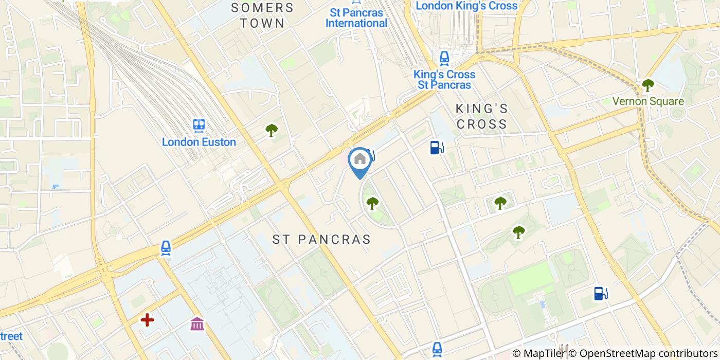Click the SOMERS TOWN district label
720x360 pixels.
(262, 15)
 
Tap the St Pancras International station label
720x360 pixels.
(356, 17)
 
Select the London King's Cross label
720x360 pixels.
(466, 6)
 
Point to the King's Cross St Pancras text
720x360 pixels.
(444, 80)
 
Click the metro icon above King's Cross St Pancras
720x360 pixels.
(444, 59)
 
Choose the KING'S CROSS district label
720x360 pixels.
(482, 116)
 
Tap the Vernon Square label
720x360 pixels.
(648, 101)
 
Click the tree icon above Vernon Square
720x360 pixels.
(648, 85)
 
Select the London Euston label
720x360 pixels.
(199, 142)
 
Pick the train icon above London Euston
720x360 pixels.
(199, 125)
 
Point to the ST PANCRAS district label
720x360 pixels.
(321, 240)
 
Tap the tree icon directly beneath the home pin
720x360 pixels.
(372, 203)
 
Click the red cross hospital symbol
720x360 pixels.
(148, 320)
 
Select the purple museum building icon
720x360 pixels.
(197, 324)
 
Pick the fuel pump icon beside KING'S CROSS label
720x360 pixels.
(437, 148)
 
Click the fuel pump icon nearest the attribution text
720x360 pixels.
(600, 293)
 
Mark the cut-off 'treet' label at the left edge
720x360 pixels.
(11, 336)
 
